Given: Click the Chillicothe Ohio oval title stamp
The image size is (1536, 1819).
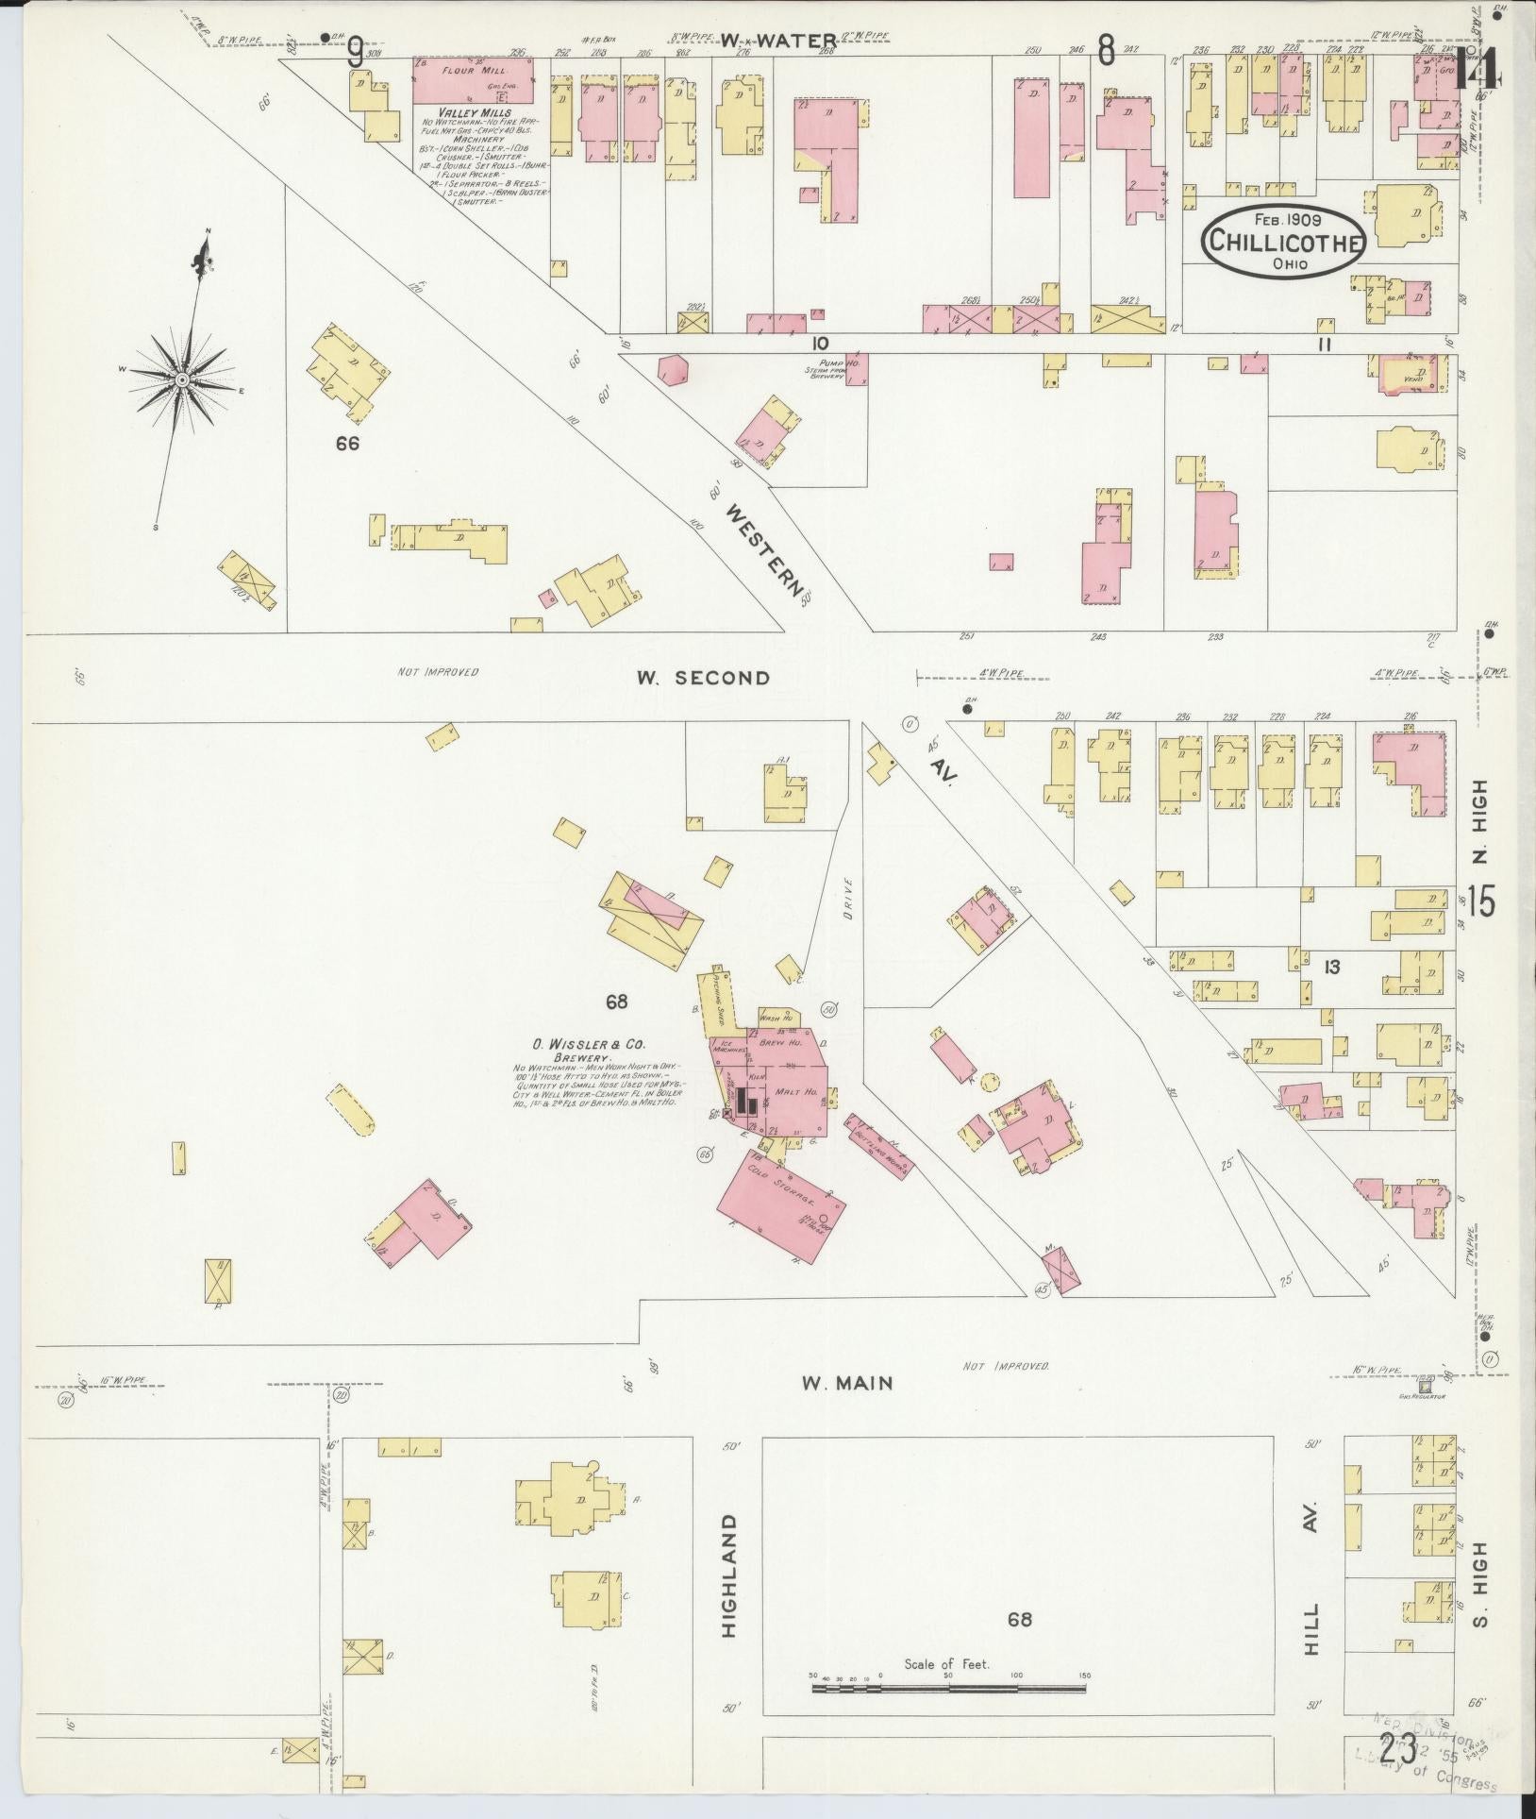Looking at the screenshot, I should pos(1284,242).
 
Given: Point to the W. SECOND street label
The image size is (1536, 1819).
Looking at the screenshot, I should pos(703,677).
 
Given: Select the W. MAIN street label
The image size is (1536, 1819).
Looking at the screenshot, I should pos(846,1383).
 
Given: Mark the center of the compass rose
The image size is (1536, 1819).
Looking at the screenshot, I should pos(181,379).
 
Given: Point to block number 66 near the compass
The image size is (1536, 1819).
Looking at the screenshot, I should pos(348,443).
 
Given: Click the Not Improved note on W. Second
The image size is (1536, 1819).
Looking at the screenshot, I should pos(437,672).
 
